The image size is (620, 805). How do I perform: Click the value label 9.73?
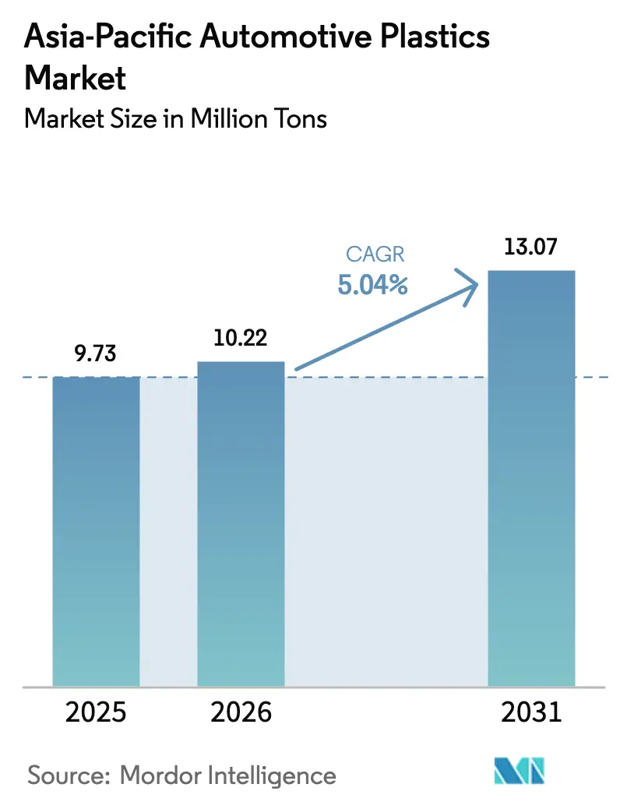click(x=96, y=354)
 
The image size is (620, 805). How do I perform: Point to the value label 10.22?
click(x=241, y=339)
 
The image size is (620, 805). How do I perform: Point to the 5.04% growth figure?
click(x=373, y=285)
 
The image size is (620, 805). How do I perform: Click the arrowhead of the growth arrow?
click(x=470, y=287)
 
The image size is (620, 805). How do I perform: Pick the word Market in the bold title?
click(x=75, y=78)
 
